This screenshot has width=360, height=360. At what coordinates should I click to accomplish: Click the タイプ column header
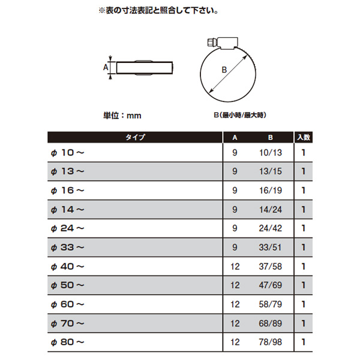[135, 137]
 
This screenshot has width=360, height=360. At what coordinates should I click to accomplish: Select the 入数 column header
[304, 137]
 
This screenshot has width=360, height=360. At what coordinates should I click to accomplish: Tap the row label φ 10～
[67, 152]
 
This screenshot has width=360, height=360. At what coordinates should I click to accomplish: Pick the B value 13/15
[271, 171]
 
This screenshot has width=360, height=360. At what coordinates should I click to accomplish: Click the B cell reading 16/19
[271, 190]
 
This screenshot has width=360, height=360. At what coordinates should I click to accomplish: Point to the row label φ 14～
[67, 209]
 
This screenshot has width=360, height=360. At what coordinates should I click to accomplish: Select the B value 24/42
[271, 228]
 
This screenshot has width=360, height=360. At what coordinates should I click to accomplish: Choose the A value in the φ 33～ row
[235, 247]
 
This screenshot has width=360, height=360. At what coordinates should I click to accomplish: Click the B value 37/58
[270, 266]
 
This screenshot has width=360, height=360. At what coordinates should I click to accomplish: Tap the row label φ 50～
[67, 285]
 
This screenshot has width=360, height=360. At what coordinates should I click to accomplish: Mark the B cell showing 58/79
[270, 304]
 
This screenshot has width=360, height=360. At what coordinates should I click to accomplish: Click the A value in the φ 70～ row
[235, 323]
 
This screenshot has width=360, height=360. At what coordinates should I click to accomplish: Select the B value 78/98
[270, 342]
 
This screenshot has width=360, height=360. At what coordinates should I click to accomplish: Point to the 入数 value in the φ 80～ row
[304, 342]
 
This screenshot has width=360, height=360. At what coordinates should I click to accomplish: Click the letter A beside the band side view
[106, 67]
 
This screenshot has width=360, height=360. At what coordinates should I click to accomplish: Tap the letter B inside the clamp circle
[224, 70]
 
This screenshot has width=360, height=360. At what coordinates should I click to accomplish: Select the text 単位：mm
[122, 115]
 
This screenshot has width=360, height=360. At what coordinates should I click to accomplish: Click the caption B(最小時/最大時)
[240, 115]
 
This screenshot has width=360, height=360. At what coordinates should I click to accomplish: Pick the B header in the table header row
[271, 137]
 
